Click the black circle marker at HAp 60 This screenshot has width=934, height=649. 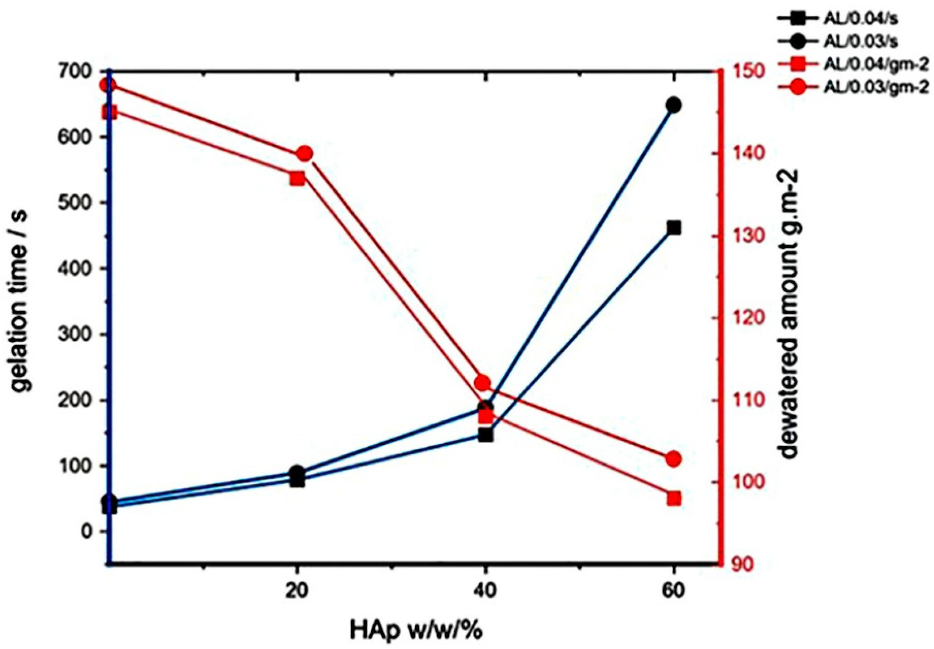(674, 105)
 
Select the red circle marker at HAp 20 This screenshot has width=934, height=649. (304, 154)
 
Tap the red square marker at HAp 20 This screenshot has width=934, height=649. (297, 178)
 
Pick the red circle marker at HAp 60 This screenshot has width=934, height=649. (673, 459)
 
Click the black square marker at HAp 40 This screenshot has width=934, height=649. (486, 435)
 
